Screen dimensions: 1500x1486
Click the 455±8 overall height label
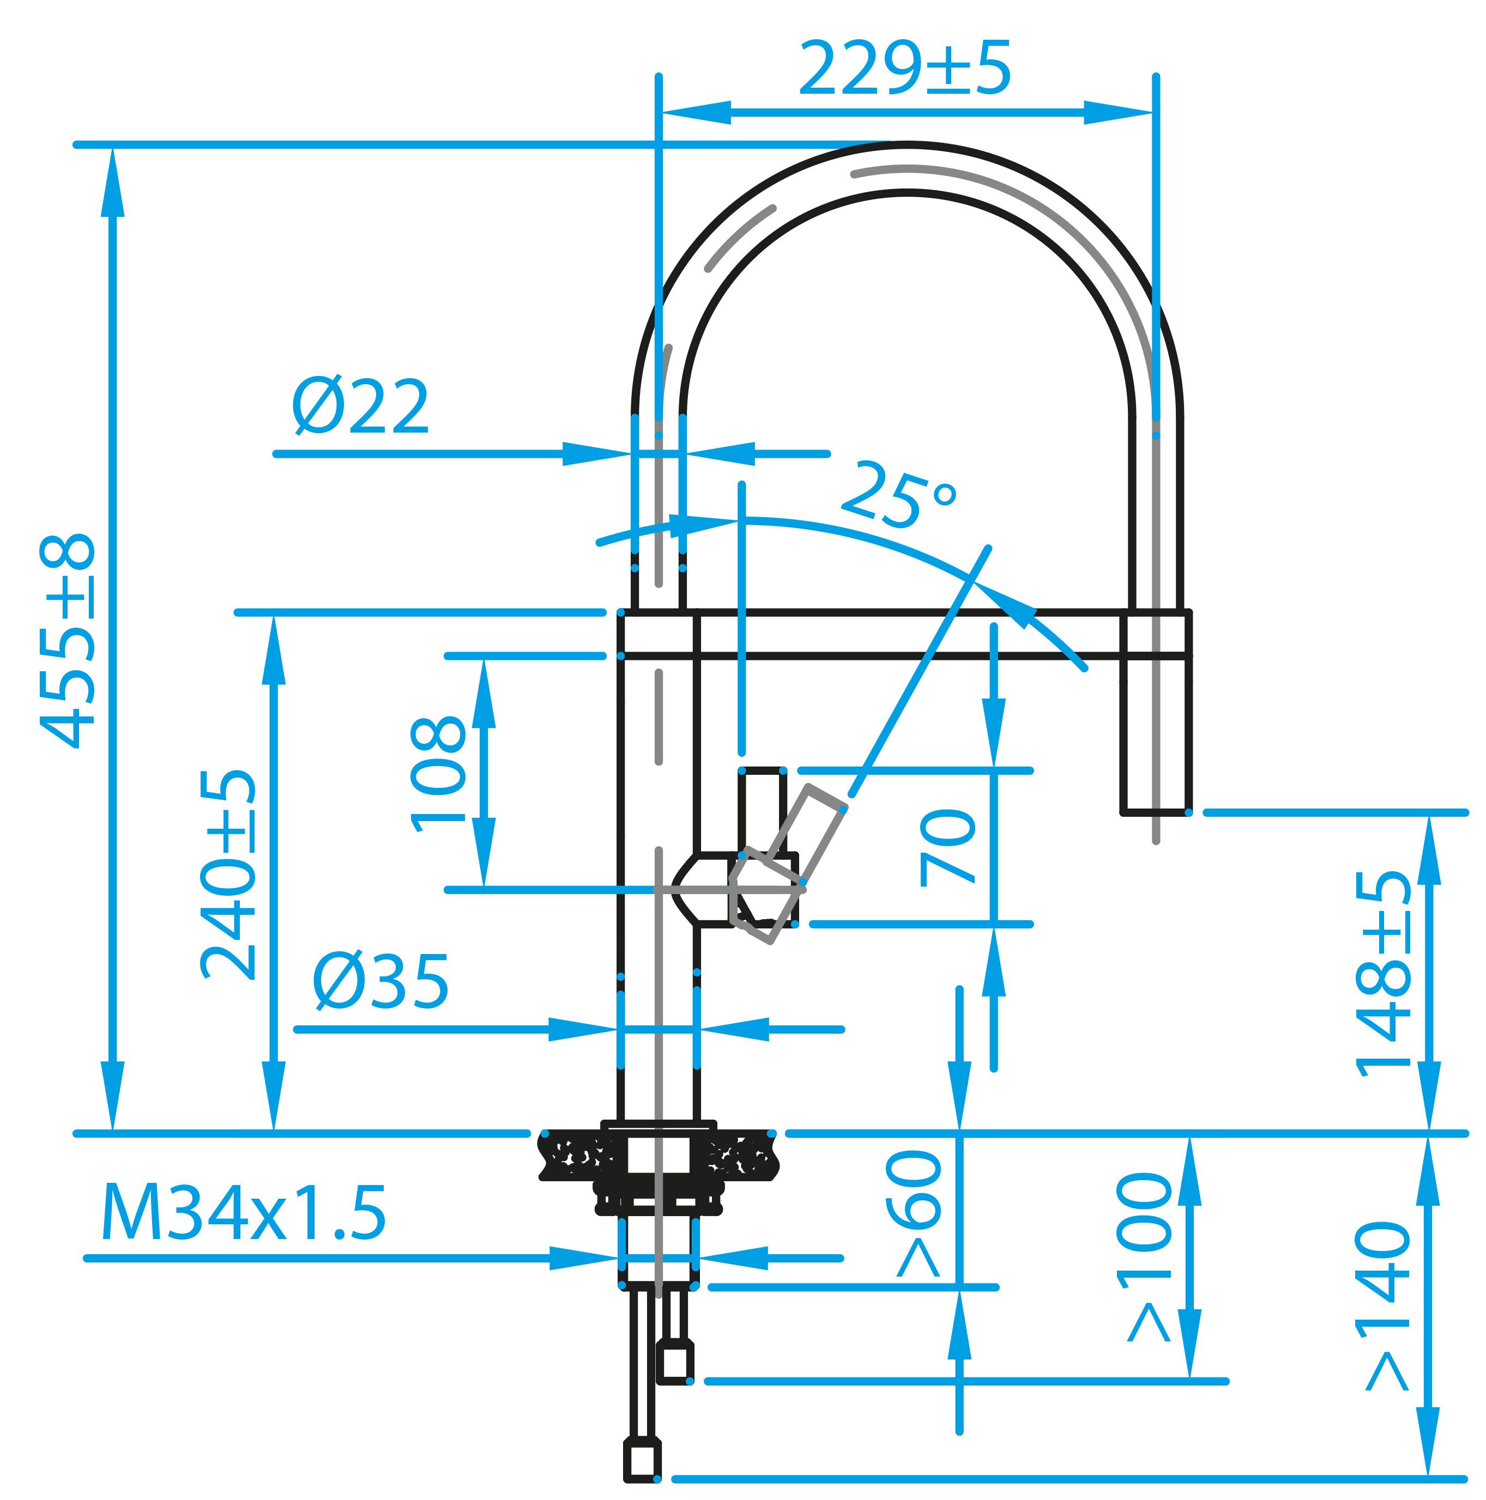68,641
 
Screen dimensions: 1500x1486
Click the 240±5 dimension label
228,875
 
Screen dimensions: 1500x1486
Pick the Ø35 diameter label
380,982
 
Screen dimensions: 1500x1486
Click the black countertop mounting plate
657,1157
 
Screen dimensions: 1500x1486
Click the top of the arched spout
907,166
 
